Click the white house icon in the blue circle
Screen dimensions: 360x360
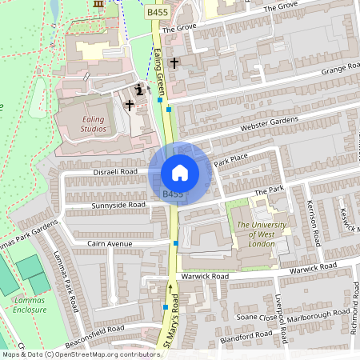coord(179,173)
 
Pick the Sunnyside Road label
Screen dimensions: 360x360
coord(118,205)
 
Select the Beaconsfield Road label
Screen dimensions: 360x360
coord(95,328)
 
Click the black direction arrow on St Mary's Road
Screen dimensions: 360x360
coord(170,284)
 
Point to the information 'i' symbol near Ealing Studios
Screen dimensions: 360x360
coord(141,90)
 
